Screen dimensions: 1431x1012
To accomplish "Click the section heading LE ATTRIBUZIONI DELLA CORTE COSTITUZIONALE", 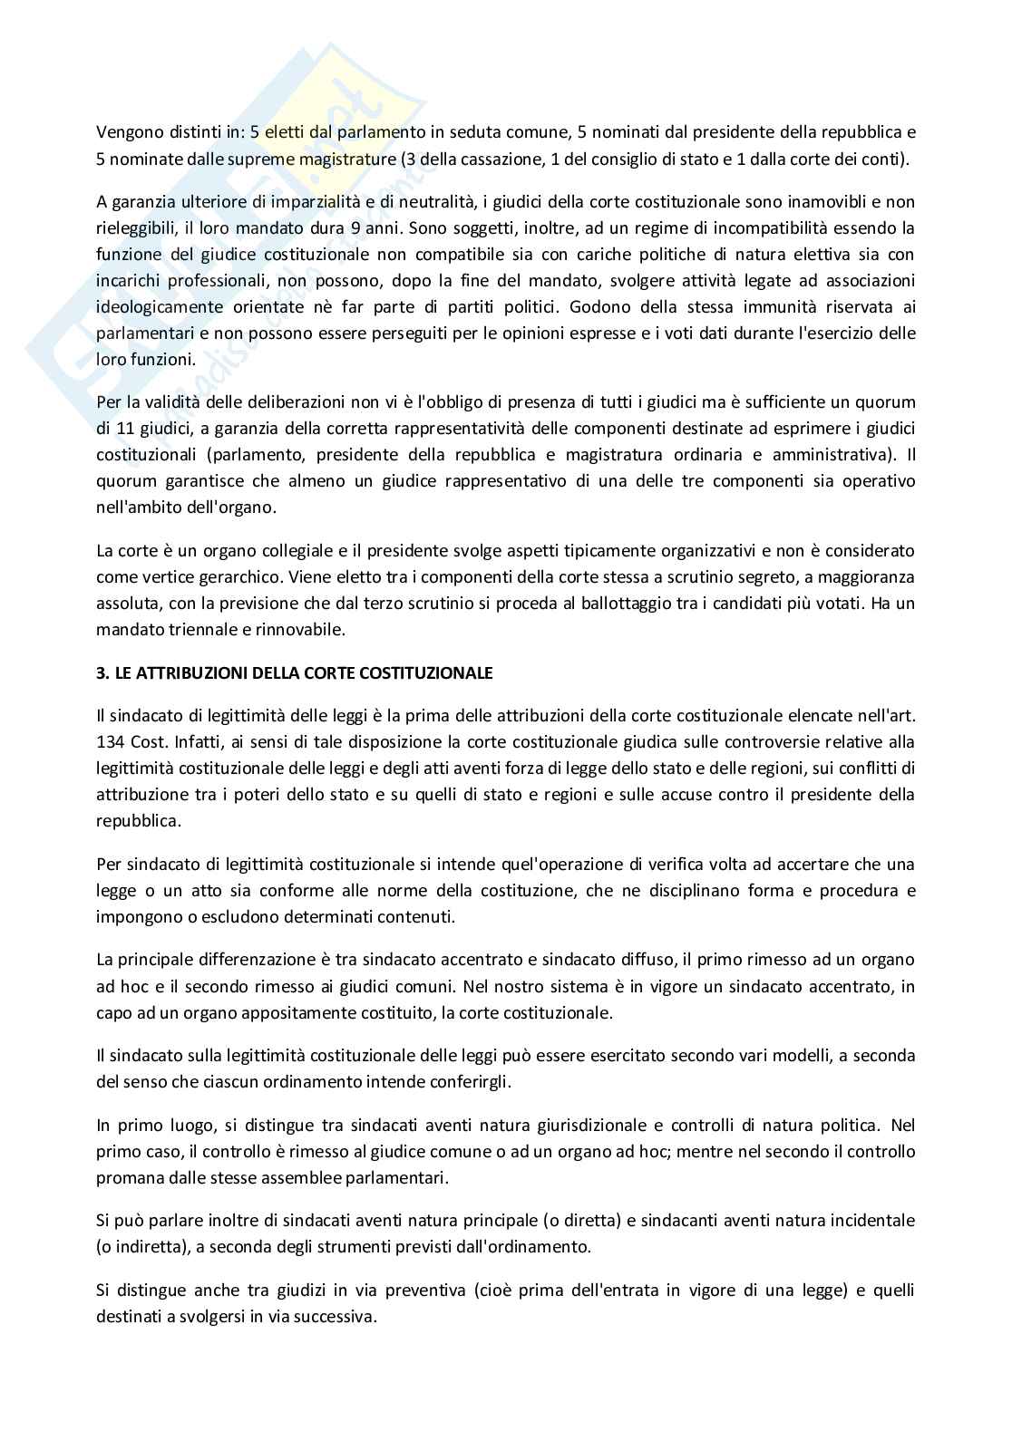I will pyautogui.click(x=295, y=673).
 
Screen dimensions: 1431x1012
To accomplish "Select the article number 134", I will pyautogui.click(x=112, y=742).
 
